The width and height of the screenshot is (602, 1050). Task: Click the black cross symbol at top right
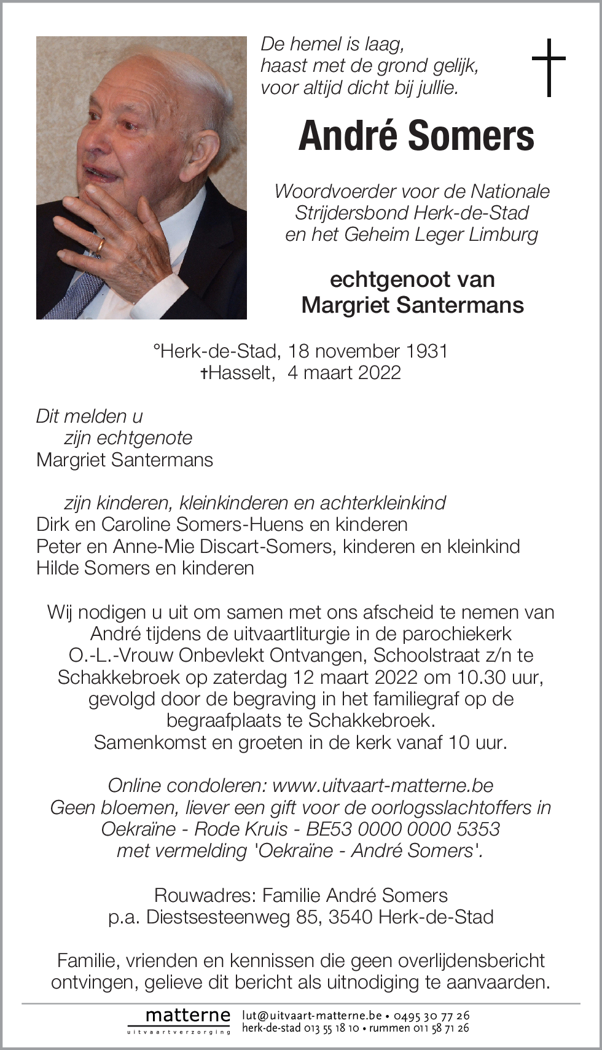(x=548, y=67)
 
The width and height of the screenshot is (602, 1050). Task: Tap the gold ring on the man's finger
(x=100, y=246)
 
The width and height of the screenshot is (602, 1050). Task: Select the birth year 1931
(x=426, y=351)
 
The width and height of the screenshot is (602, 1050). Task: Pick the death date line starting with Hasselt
(x=301, y=372)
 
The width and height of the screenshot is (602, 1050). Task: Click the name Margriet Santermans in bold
(x=412, y=305)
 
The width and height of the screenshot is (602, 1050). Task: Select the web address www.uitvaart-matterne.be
(x=383, y=785)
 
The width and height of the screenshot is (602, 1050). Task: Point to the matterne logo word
(x=187, y=1016)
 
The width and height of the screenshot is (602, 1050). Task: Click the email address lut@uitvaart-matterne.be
(x=311, y=1016)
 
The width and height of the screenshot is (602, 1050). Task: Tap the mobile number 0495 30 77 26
(x=431, y=1016)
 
